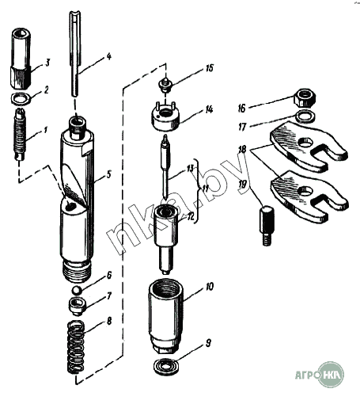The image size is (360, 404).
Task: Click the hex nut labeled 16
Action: point(305,98)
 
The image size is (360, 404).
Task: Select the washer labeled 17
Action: point(305,116)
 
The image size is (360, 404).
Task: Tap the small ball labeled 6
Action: point(77,290)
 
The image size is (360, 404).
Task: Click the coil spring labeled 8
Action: point(76,348)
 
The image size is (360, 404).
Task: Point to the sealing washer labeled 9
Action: point(166,367)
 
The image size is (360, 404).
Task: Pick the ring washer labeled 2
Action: point(21,98)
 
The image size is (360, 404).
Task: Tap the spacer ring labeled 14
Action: point(165,117)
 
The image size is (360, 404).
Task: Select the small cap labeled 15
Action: point(165,85)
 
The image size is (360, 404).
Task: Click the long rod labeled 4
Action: point(75,54)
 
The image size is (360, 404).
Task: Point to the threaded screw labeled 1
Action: point(20,134)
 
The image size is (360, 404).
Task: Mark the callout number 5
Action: point(108,175)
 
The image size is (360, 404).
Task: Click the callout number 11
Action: point(205,189)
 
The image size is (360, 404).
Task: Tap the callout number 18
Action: point(242,150)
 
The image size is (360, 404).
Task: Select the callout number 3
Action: point(47,63)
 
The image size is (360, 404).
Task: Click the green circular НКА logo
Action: point(331,375)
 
